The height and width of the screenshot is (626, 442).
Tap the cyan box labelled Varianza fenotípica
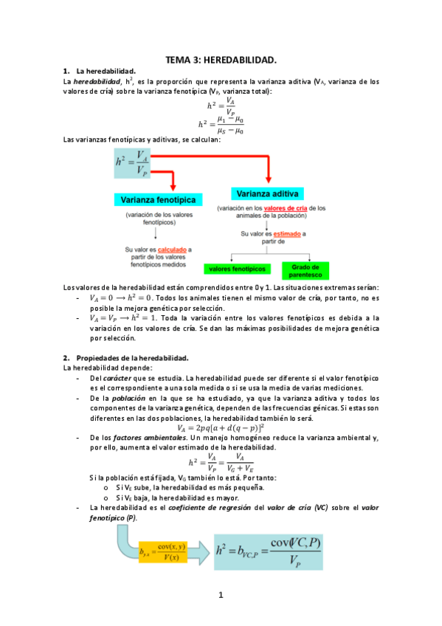click(x=154, y=200)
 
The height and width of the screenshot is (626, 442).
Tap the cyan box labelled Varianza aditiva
click(x=266, y=193)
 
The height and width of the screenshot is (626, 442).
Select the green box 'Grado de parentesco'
click(x=304, y=269)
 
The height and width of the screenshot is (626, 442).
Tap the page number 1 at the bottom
click(x=221, y=595)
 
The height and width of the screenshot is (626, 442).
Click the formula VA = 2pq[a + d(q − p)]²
click(x=221, y=427)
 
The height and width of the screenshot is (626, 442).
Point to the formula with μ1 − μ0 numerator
click(x=221, y=124)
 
